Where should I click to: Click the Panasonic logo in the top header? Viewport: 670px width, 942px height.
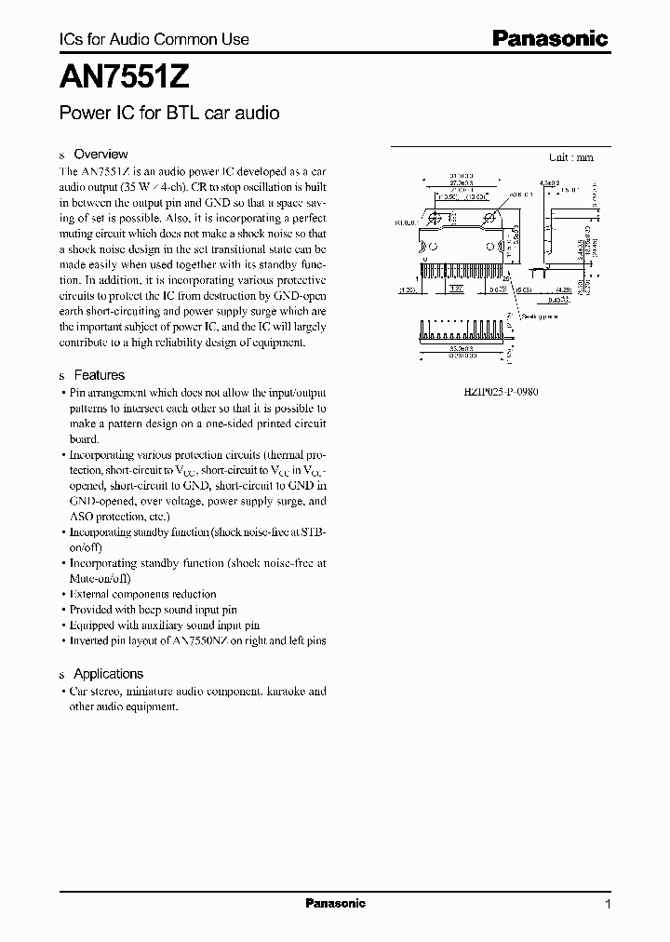(549, 38)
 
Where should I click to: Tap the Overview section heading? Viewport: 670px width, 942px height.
(100, 154)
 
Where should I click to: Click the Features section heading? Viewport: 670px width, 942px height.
(99, 375)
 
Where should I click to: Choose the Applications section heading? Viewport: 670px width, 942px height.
(108, 673)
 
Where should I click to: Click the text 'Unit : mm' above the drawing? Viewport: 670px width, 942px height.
(570, 157)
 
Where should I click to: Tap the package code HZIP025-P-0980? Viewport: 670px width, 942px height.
(501, 392)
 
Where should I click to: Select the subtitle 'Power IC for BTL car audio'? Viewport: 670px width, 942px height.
(169, 114)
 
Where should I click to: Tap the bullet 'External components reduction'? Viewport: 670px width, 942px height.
(142, 593)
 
